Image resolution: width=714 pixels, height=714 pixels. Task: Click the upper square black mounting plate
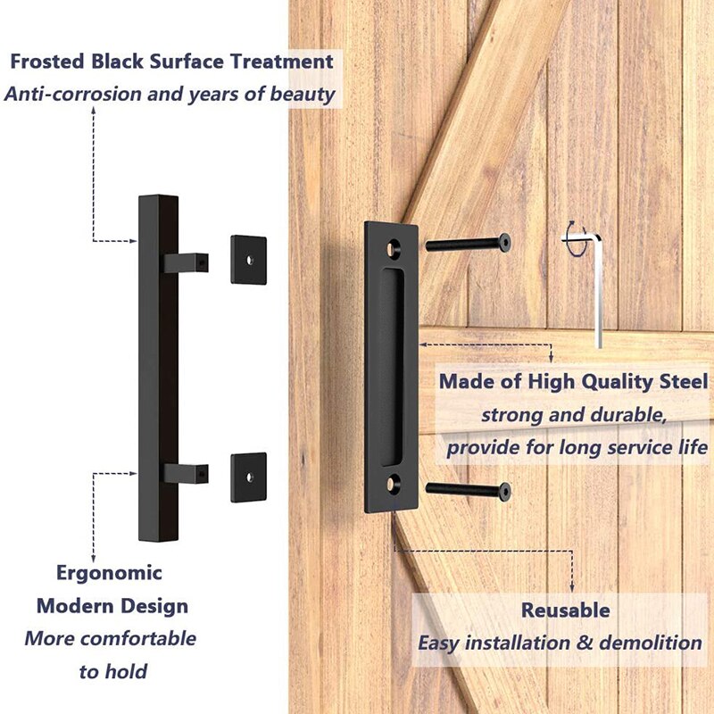pyautogui.click(x=248, y=260)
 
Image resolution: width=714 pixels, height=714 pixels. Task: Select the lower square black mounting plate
pyautogui.click(x=248, y=477)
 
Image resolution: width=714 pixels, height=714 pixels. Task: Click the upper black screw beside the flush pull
pyautogui.click(x=468, y=242)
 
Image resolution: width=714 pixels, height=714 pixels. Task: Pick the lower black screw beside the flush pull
pyautogui.click(x=468, y=488)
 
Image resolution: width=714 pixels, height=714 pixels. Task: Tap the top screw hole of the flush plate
pyautogui.click(x=391, y=243)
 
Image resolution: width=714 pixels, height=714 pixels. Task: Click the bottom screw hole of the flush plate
pyautogui.click(x=391, y=487)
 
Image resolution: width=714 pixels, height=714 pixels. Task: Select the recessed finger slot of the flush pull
pyautogui.click(x=390, y=366)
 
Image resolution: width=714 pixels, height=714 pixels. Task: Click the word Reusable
pyautogui.click(x=566, y=610)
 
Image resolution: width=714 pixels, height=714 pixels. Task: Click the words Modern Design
pyautogui.click(x=112, y=606)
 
